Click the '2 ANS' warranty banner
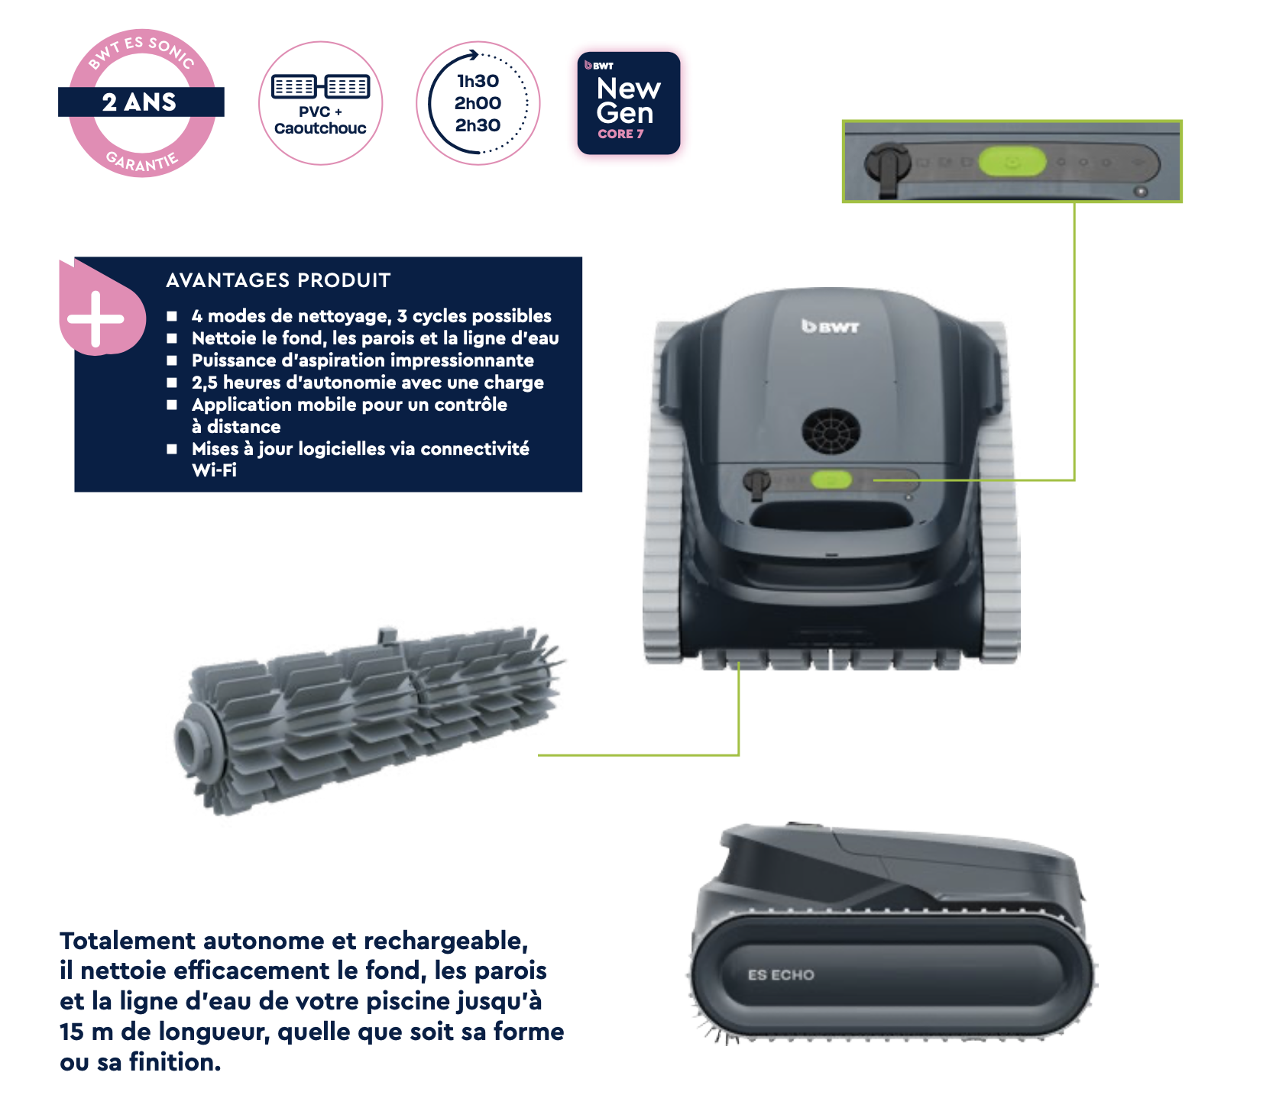[141, 102]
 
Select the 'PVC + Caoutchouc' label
[320, 120]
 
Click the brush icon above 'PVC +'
[321, 87]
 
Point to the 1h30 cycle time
[478, 81]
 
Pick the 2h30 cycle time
[478, 125]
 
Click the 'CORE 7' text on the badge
[620, 134]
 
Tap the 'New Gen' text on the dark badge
[628, 101]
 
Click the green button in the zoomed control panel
[1012, 162]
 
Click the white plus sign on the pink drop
[96, 319]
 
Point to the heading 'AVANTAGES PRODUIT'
[278, 280]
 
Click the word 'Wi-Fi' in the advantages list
[214, 470]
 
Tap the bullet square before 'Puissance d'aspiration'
[172, 360]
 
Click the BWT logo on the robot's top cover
[830, 326]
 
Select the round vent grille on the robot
[831, 431]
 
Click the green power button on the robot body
[831, 480]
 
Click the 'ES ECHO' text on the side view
[781, 975]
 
